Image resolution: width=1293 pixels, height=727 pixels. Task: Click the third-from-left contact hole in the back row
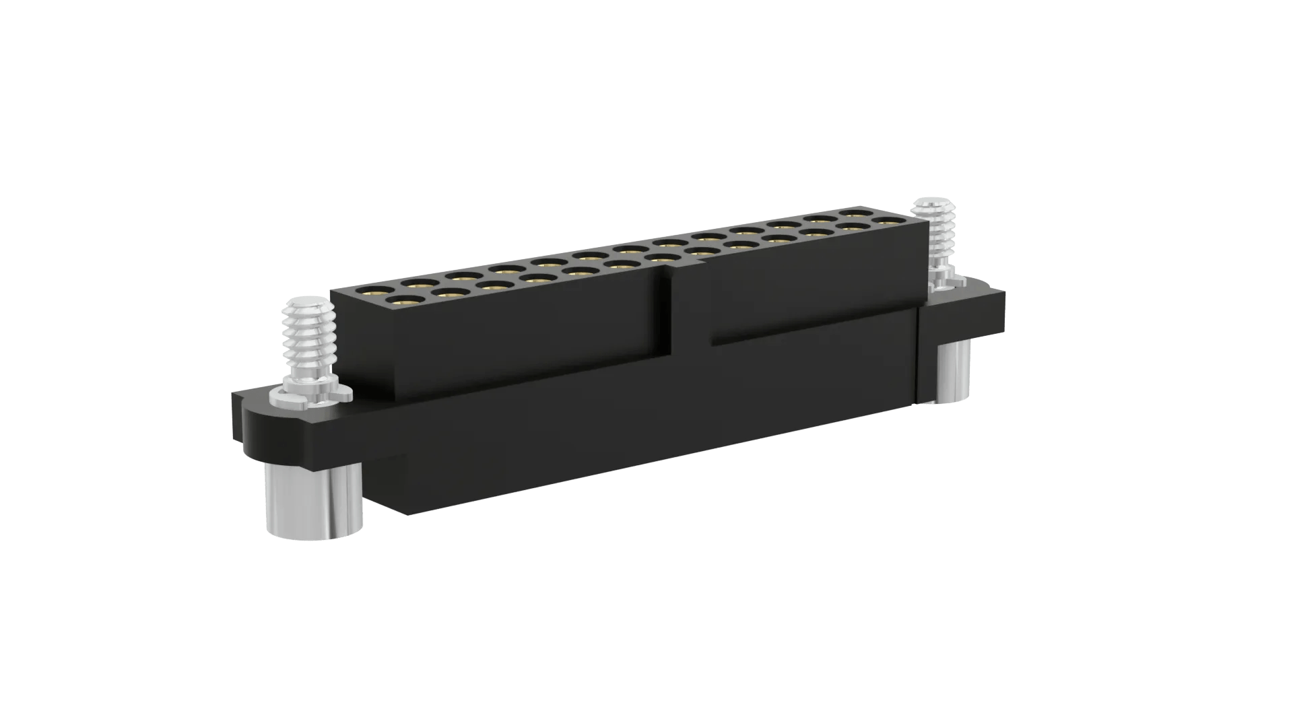tap(462, 276)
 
